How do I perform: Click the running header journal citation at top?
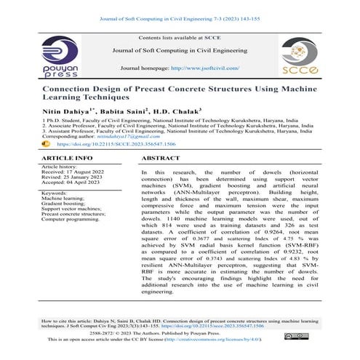180,8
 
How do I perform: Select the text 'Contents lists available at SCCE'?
180,36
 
